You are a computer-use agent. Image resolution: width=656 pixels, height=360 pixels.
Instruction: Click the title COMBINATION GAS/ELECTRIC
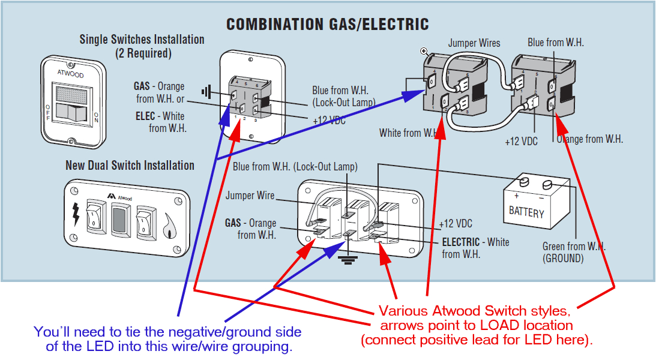coord(327,24)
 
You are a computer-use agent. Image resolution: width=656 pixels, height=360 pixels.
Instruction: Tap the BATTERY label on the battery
coord(526,212)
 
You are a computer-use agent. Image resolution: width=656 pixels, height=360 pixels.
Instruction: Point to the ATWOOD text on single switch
coord(70,75)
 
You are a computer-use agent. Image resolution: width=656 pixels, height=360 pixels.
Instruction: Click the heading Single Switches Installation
coord(142,40)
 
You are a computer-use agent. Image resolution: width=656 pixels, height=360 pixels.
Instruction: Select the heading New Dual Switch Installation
coord(130,165)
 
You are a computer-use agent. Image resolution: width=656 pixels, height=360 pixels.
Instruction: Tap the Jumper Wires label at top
coord(474,43)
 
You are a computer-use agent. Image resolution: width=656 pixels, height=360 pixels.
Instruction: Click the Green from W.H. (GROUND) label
coord(573,253)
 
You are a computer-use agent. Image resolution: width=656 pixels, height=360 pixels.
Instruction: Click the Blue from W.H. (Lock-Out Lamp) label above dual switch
coord(295,166)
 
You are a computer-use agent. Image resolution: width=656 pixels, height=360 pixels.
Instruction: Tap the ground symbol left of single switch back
coord(207,92)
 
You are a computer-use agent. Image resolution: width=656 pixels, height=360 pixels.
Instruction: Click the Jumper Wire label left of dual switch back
coord(250,196)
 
